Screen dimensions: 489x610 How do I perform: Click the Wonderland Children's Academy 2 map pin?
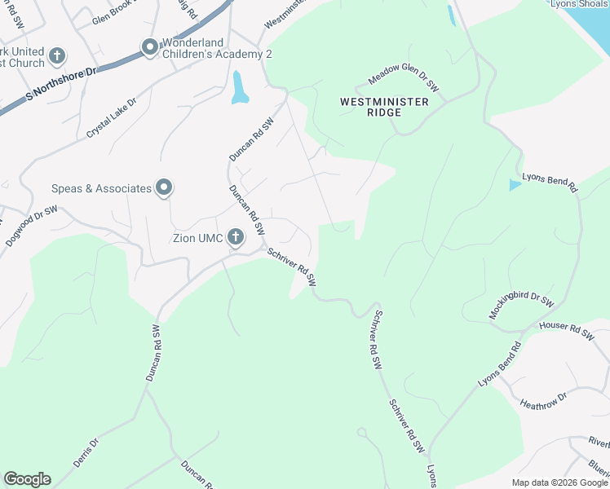coord(150,48)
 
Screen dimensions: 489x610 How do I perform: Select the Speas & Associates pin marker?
coord(164,188)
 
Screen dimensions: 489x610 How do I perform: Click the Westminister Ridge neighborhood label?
coord(383,107)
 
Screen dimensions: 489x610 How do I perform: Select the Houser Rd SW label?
coord(566,331)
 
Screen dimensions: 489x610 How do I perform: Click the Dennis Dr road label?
coord(86,452)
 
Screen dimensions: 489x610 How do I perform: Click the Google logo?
coord(27,479)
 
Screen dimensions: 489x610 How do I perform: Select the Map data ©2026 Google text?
coord(559,482)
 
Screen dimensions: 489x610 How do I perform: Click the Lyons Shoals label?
coord(579,4)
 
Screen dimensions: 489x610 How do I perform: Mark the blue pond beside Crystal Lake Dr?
coord(239,88)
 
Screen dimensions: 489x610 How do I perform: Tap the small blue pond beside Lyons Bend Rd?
coord(515,185)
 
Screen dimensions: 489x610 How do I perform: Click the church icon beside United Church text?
coord(56,56)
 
